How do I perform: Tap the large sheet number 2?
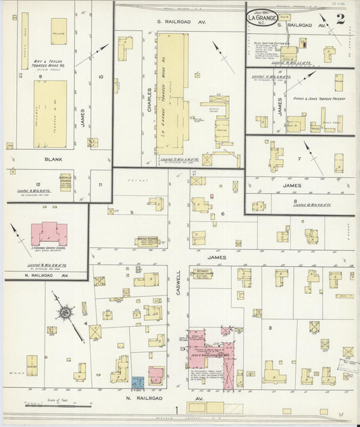(x=340, y=19)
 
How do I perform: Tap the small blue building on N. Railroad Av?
(x=138, y=382)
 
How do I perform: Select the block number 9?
(x=41, y=77)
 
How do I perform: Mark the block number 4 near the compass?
(x=86, y=324)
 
